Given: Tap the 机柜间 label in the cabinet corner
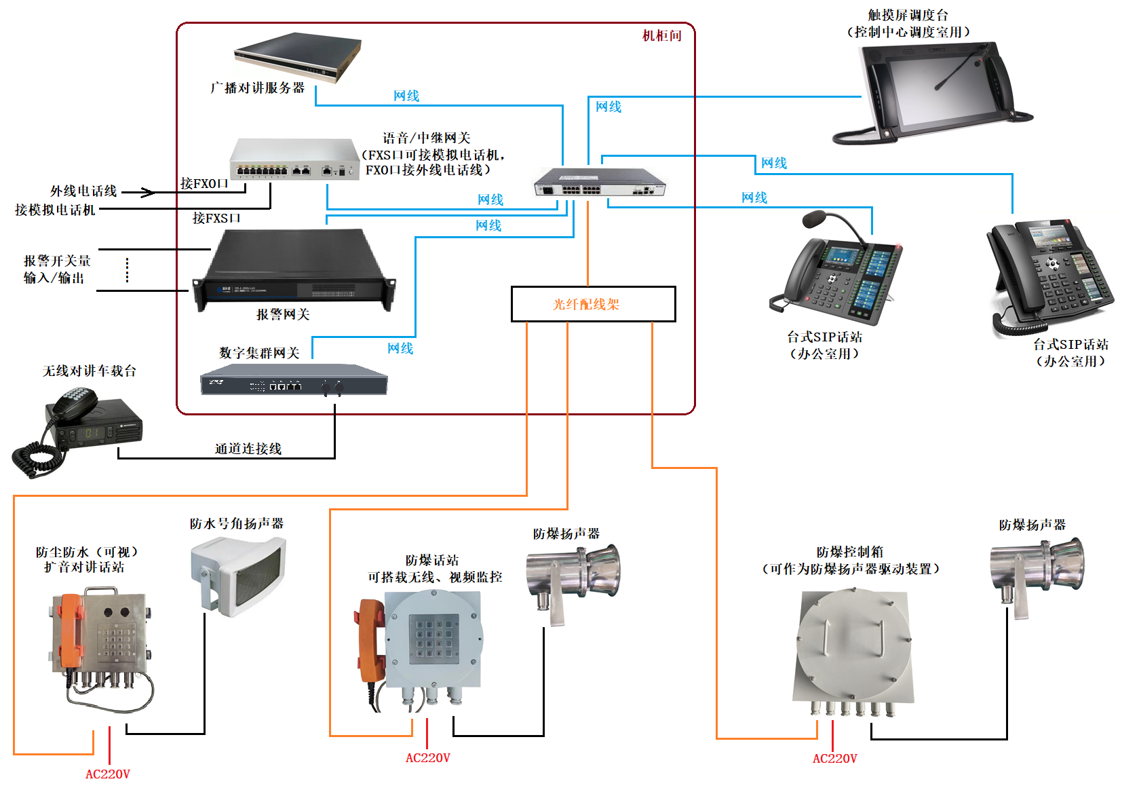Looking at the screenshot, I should [x=661, y=36].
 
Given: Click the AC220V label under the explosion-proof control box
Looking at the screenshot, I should [x=834, y=758].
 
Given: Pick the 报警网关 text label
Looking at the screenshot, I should [x=283, y=314].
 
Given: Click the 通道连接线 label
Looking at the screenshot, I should [x=248, y=449].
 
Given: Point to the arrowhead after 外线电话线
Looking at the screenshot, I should [x=149, y=193].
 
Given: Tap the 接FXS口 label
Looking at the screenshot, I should [x=216, y=218].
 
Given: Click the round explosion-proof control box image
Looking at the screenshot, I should [x=853, y=647].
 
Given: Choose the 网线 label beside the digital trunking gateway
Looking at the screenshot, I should [x=400, y=348].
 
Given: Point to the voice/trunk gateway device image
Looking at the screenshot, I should [x=294, y=160].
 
